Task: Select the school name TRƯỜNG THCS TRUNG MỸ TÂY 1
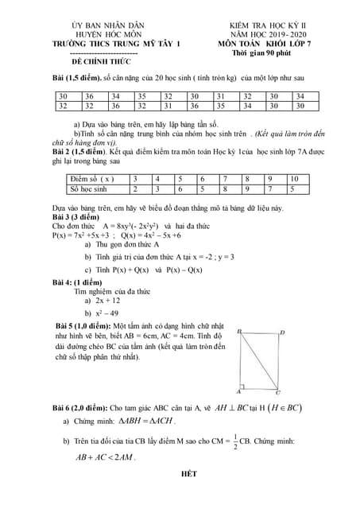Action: (x=111, y=43)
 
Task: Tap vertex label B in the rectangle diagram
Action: (x=238, y=332)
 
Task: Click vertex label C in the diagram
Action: (x=277, y=392)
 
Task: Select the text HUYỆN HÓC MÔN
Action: (x=111, y=34)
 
